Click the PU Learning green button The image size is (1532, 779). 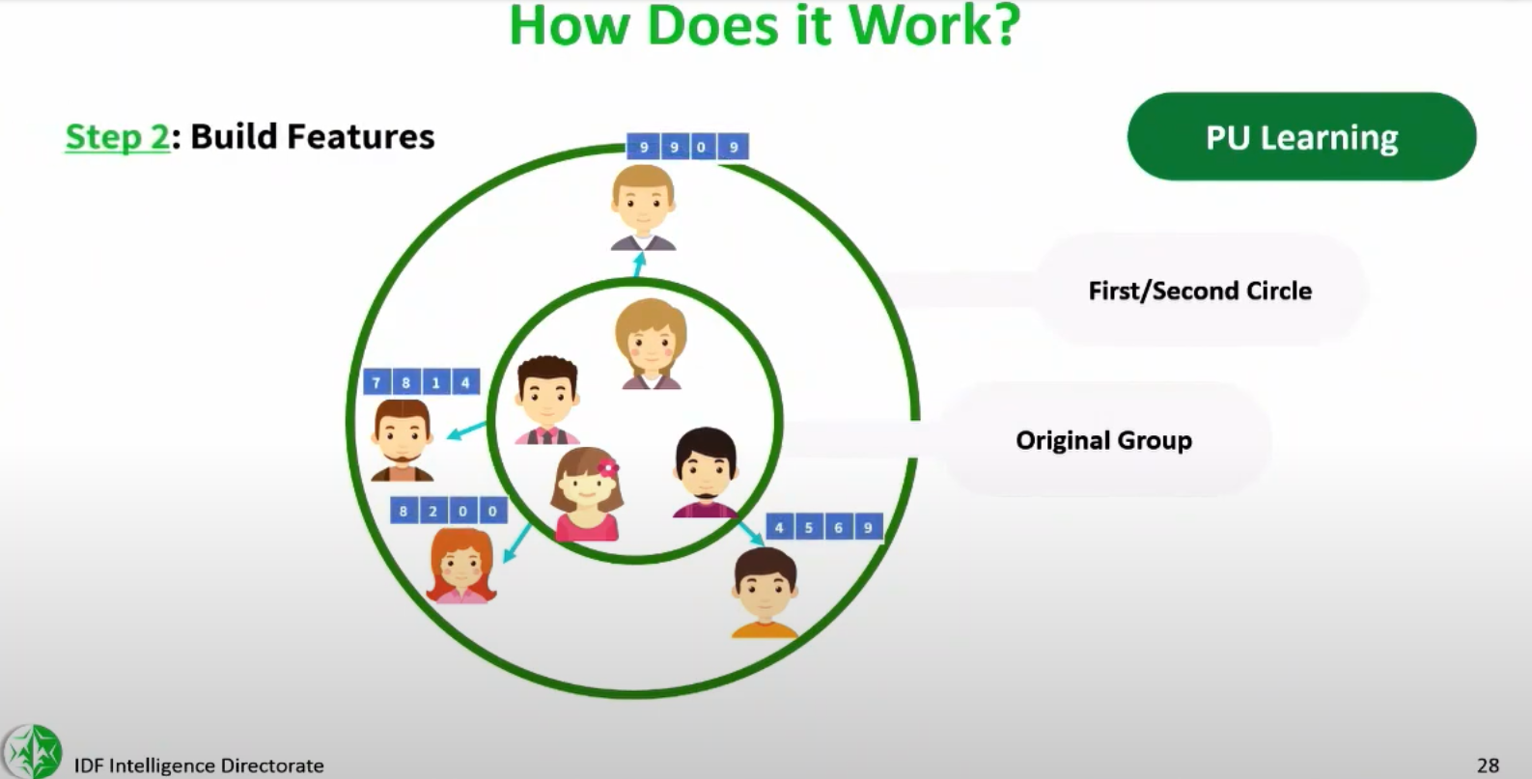(x=1301, y=137)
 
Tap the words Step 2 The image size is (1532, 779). (x=117, y=137)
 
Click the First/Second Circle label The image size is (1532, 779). (x=1200, y=291)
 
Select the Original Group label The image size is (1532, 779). (x=1103, y=440)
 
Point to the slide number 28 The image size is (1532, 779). (x=1489, y=765)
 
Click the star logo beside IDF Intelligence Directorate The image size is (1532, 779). (x=32, y=752)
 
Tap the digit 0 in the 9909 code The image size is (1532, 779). (x=701, y=147)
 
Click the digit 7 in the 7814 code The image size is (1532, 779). (x=376, y=382)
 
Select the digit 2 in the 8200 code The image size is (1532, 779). (x=432, y=511)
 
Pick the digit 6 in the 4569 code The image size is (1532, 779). (x=838, y=527)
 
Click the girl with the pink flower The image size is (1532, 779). (x=587, y=494)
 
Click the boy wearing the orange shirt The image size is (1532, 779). (x=765, y=593)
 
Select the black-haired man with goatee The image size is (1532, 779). (x=706, y=473)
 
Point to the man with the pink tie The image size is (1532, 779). (x=547, y=400)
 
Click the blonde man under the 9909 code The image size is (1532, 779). (x=643, y=208)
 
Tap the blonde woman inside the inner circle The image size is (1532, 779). (x=651, y=344)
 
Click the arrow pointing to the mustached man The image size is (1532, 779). (x=466, y=431)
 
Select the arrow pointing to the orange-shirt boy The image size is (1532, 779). (x=750, y=532)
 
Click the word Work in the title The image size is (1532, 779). (x=934, y=25)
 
